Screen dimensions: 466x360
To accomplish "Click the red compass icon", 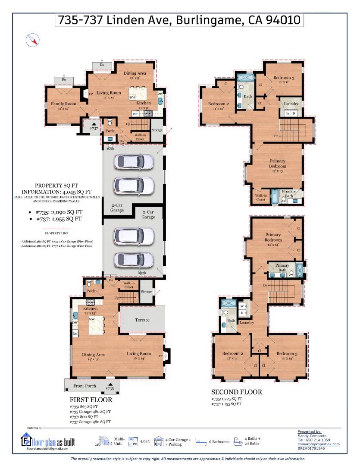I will (33, 41).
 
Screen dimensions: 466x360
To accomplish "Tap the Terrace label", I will (142, 320).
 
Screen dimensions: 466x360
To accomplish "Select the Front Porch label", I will (85, 386).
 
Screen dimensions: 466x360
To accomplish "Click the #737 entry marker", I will (94, 126).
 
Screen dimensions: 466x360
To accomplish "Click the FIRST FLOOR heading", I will (91, 400).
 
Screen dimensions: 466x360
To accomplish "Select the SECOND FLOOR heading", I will (236, 392).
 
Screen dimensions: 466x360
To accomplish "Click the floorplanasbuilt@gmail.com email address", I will (47, 449).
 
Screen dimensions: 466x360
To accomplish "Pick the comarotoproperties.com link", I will (318, 444).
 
